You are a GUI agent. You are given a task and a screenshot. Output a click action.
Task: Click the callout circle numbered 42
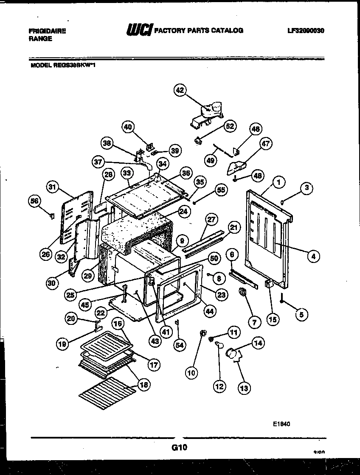[x=180, y=90]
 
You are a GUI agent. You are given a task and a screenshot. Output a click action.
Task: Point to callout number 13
[x=245, y=387]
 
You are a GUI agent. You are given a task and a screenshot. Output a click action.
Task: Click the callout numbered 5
[x=301, y=315]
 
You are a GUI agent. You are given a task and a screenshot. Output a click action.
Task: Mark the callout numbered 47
[x=266, y=144]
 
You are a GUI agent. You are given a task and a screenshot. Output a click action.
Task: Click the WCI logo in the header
[x=139, y=30]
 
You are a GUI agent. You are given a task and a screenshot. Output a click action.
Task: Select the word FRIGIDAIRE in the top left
[x=47, y=31]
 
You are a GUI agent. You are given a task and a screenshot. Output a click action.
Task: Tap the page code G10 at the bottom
[x=180, y=447]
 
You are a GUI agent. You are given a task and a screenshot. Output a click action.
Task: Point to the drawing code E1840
[x=282, y=423]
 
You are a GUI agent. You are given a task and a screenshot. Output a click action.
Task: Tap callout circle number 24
[x=184, y=212]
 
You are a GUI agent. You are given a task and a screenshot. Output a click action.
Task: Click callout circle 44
[x=210, y=310]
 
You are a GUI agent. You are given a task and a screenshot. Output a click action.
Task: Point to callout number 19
[x=62, y=344]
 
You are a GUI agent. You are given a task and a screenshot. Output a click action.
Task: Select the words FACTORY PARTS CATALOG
[x=198, y=31]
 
